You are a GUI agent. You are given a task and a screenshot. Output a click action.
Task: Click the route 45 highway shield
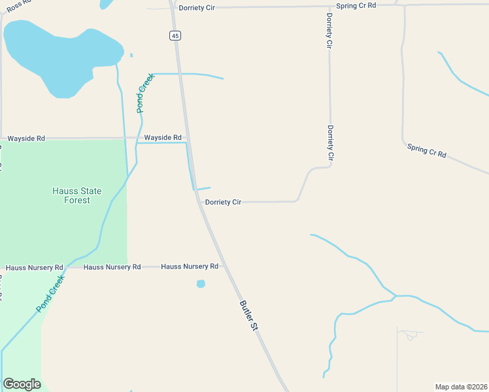click(174, 36)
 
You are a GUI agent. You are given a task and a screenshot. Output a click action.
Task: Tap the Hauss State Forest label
click(77, 195)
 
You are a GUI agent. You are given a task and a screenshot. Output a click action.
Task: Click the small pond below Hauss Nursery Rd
click(201, 284)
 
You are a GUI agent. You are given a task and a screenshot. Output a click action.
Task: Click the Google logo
click(22, 384)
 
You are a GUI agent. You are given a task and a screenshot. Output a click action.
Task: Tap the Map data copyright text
click(461, 387)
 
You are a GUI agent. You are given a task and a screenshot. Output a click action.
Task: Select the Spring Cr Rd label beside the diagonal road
click(426, 150)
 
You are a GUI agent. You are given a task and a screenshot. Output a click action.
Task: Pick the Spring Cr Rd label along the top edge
click(356, 5)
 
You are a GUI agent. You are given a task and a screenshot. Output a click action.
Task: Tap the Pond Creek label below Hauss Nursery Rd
click(50, 293)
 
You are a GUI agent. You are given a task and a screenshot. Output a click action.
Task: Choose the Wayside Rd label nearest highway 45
click(163, 138)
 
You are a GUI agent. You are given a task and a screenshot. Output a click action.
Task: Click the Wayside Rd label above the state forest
click(26, 139)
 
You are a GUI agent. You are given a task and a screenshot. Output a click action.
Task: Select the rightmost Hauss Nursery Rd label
click(190, 267)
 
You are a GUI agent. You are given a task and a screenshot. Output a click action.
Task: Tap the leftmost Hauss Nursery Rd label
click(34, 268)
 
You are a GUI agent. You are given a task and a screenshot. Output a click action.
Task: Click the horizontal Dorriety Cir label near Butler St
click(224, 203)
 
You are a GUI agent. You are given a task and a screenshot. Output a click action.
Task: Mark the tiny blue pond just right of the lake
click(131, 56)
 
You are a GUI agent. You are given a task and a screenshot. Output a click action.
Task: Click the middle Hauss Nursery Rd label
click(112, 267)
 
